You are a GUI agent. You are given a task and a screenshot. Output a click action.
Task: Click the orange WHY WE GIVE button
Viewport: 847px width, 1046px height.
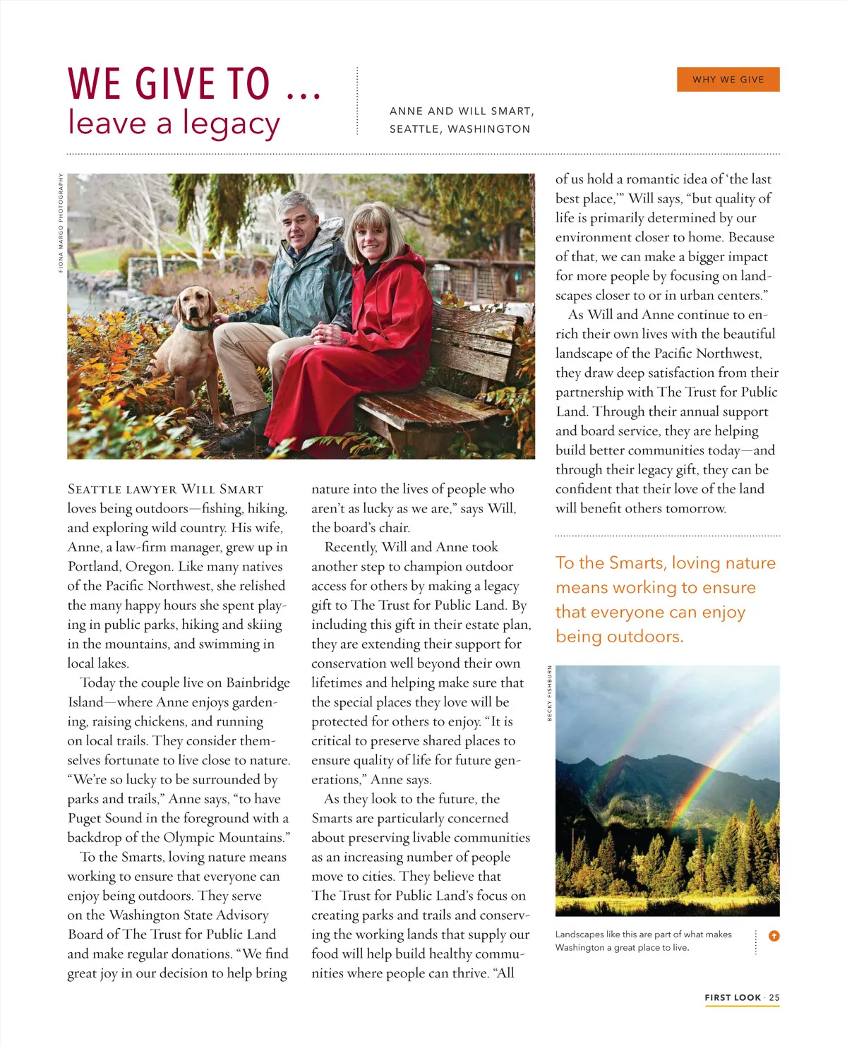[728, 80]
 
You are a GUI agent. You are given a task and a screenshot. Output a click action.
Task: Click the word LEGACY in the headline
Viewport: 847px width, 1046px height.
[232, 124]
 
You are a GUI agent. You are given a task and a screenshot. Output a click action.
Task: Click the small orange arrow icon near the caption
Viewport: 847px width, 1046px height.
[774, 936]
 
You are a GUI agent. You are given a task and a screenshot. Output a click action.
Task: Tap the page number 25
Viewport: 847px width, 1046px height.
[774, 997]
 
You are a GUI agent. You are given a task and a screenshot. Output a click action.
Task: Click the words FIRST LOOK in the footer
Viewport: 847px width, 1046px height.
[733, 997]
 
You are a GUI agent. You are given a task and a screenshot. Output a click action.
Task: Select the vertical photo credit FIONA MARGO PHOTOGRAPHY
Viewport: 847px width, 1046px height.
[61, 222]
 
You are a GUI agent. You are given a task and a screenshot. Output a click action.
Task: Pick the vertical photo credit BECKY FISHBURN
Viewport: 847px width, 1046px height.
[550, 693]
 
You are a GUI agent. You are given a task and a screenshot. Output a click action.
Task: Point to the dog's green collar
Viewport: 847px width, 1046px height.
[198, 326]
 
